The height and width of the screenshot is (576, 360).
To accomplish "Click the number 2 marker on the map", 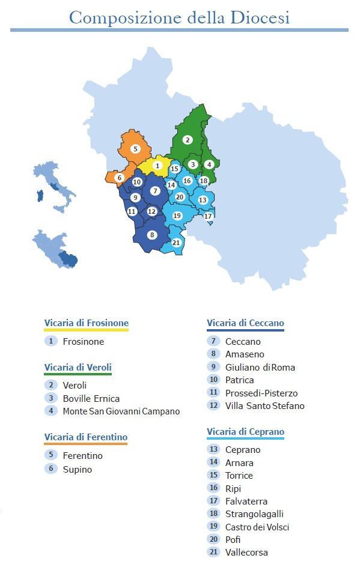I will [188, 140].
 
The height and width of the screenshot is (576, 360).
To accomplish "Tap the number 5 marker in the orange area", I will [136, 149].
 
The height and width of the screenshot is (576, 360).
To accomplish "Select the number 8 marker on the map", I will [152, 235].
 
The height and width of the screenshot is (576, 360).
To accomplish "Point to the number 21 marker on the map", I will [176, 243].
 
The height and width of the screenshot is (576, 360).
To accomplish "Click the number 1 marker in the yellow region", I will [157, 165].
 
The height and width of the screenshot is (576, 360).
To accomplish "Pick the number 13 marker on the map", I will [203, 200].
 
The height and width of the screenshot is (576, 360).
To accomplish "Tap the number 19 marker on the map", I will [177, 216].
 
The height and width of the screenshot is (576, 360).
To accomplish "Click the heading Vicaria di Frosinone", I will [86, 323].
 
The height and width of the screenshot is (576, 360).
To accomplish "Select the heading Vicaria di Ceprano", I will [245, 432].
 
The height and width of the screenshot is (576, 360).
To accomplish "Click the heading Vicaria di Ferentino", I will [85, 437].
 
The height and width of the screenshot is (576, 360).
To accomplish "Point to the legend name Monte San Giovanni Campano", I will [121, 411].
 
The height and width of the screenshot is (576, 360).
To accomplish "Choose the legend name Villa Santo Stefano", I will [264, 406].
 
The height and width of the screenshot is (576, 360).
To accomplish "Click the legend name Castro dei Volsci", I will [257, 527].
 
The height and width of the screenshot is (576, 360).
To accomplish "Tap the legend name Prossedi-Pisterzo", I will [261, 393].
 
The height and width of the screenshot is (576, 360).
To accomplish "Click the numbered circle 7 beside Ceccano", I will [213, 341].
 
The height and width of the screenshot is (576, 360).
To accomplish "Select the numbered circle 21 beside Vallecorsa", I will [213, 552].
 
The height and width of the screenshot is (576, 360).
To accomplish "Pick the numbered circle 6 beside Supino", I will [50, 468].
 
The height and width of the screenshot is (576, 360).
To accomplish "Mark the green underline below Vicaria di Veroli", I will [78, 375].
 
